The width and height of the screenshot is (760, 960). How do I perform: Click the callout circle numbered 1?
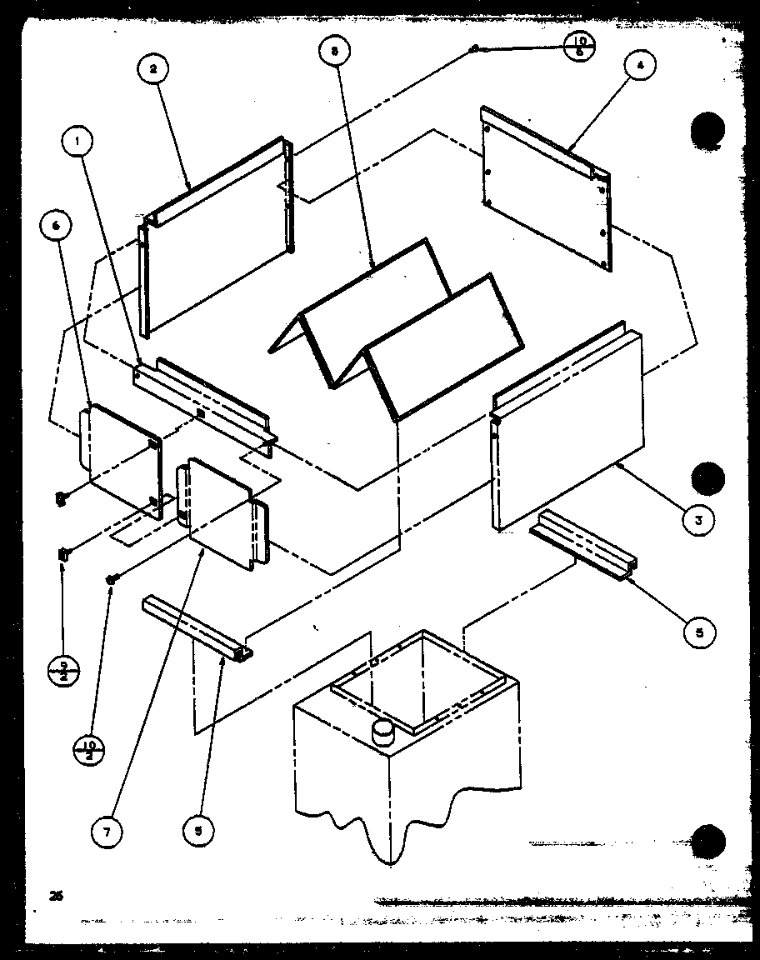point(77,142)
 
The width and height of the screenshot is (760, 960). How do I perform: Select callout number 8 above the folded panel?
point(335,52)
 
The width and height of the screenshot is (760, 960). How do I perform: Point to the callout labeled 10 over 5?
point(580,46)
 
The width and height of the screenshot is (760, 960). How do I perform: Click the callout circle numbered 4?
point(640,67)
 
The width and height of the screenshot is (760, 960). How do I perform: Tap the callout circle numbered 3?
point(698,520)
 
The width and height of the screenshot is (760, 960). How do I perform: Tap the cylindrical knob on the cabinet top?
point(384,733)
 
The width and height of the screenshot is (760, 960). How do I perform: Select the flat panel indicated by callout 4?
point(546,187)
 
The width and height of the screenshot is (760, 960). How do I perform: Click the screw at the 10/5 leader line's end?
point(473,49)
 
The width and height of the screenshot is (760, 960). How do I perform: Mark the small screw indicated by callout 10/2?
point(110,578)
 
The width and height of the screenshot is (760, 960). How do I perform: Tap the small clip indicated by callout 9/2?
point(63,553)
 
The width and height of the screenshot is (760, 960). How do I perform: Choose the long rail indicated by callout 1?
point(204,400)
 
